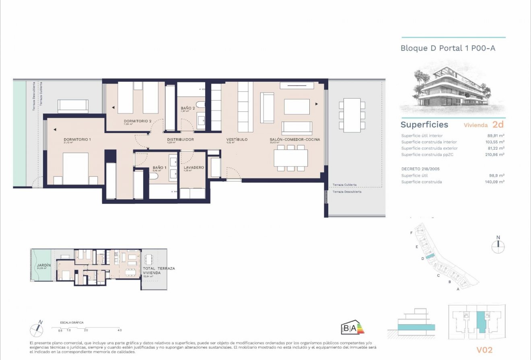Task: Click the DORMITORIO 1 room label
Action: pos(77,140)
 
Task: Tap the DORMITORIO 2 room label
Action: pos(138,121)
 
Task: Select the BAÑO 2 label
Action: pos(187,108)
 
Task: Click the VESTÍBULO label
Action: pos(237,140)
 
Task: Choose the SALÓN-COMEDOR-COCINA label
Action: pos(295,140)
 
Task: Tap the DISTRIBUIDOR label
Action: pos(181,140)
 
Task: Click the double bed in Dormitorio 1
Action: pos(76,169)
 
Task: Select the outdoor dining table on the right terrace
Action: pos(352,115)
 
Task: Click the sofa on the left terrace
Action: pos(73,107)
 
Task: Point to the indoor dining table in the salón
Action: pos(290,158)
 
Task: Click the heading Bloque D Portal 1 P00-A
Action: pos(448,48)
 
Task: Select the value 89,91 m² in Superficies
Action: pos(496,136)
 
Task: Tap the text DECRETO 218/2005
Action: pos(421,169)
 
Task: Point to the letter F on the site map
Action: pos(411,233)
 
